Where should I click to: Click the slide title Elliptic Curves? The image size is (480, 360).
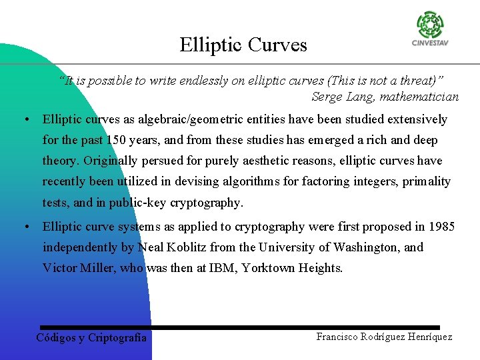243,45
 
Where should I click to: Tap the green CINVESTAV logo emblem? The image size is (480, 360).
430,25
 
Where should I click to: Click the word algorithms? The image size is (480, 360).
249,181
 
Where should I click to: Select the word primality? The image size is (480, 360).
427,181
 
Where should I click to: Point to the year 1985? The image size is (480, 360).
441,227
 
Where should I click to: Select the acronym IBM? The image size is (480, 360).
222,268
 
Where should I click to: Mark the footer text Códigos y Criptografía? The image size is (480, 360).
91,337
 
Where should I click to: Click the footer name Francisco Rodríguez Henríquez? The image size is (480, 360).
384,337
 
